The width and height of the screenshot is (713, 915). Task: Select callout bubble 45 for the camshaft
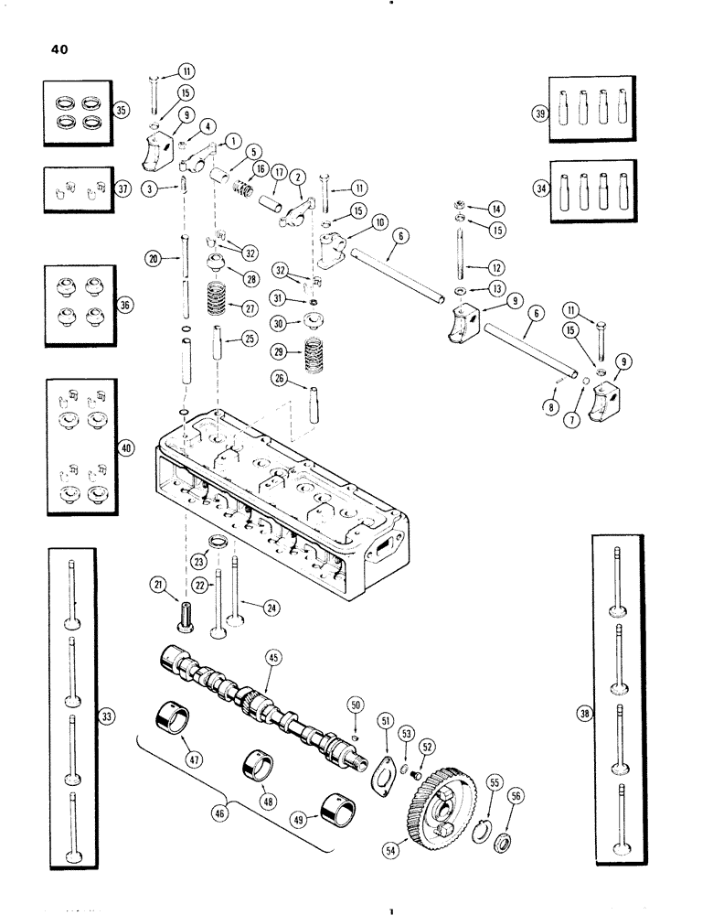[271, 656]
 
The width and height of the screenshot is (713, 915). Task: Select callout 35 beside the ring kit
[118, 110]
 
